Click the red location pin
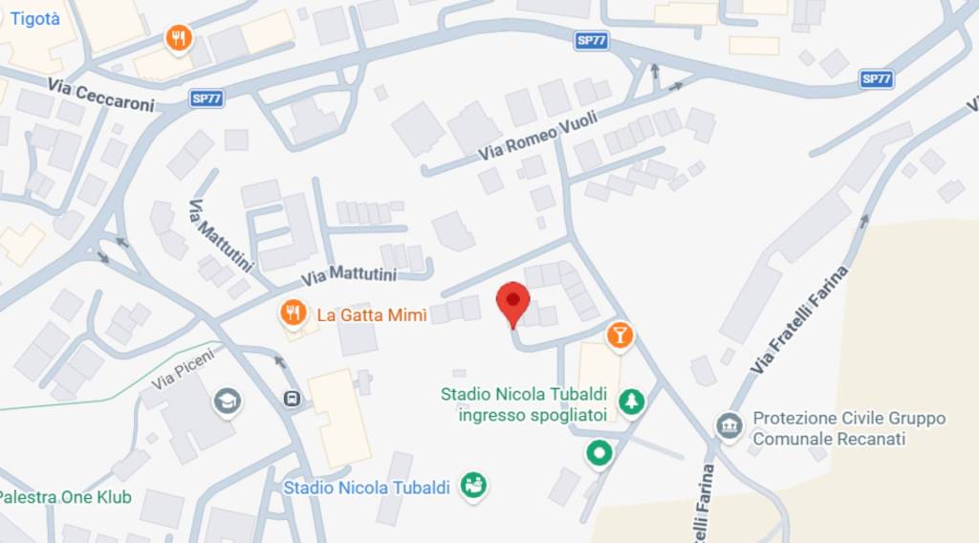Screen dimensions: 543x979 (513, 302)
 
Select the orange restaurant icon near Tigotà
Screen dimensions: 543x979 (179, 38)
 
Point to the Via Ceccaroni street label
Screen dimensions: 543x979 (100, 95)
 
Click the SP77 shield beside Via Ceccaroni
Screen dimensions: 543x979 (207, 98)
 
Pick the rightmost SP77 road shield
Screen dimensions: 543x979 (876, 78)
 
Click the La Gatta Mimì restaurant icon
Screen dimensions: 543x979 (294, 314)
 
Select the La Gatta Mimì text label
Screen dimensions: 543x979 (371, 315)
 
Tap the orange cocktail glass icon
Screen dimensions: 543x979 (620, 335)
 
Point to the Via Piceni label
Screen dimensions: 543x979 (183, 370)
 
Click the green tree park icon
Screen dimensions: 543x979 (631, 402)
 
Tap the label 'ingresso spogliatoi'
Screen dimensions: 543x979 (533, 415)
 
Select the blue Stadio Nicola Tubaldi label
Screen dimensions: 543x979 (366, 488)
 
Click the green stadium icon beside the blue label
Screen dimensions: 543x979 (472, 486)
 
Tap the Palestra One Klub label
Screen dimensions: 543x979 (65, 497)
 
